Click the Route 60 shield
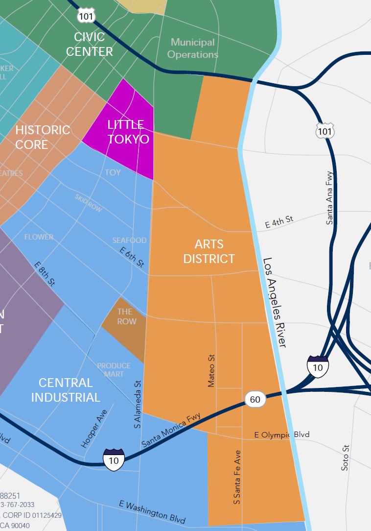click(255, 399)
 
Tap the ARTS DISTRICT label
click(209, 251)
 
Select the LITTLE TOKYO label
click(128, 132)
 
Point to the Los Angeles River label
click(274, 303)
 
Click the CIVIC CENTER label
click(90, 44)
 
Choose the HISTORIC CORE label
click(43, 137)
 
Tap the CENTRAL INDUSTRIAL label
click(66, 390)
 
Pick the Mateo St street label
click(211, 371)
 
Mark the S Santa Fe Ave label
click(237, 477)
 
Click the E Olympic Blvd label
click(282, 434)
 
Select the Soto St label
click(346, 458)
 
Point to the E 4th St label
click(279, 222)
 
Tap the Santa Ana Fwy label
click(330, 197)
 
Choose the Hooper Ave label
click(93, 428)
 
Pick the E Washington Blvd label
click(152, 511)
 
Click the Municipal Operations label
click(193, 48)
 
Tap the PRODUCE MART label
click(114, 370)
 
